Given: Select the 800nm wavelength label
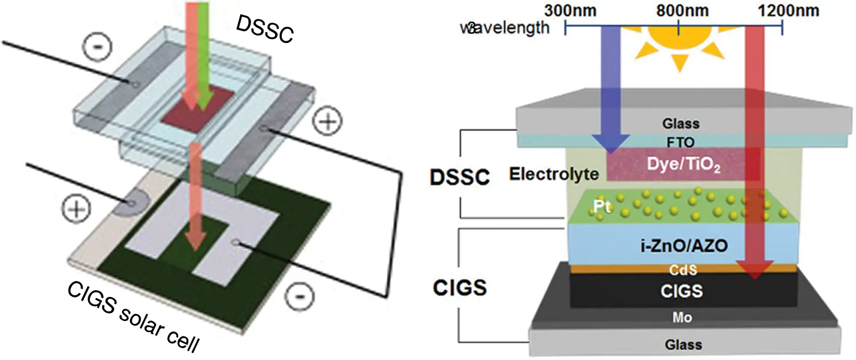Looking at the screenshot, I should pos(679,10).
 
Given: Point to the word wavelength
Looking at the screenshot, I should pos(504,28).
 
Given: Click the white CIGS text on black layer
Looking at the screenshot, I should pos(681,291).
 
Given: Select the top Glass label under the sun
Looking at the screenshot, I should pos(681,123).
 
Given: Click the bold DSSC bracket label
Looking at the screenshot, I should pos(460,178).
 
